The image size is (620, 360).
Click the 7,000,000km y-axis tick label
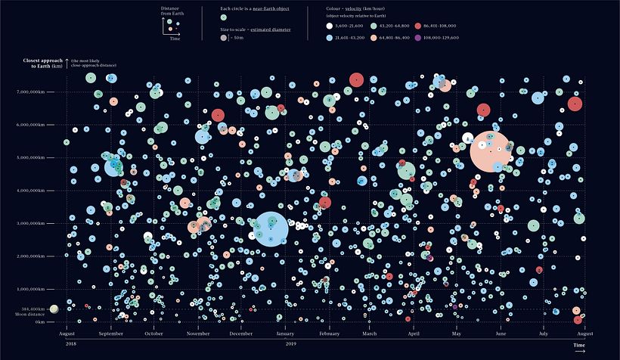pyautogui.click(x=39, y=92)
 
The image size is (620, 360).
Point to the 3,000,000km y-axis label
pyautogui.click(x=39, y=223)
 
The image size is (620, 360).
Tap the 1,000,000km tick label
pyautogui.click(x=39, y=289)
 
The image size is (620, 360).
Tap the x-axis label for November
pyautogui.click(x=198, y=334)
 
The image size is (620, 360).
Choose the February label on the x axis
pyautogui.click(x=330, y=334)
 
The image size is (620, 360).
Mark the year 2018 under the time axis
pyautogui.click(x=71, y=344)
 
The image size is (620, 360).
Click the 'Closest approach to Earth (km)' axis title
pyautogui.click(x=42, y=63)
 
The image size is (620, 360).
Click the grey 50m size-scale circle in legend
pyautogui.click(x=224, y=37)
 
